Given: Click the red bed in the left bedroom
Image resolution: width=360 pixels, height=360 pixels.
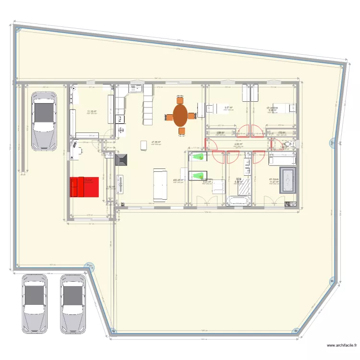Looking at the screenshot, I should [x=84, y=187].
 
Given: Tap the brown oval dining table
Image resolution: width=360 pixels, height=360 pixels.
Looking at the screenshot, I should [x=180, y=116].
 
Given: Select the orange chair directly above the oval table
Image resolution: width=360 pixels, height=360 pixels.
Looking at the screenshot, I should [x=180, y=100].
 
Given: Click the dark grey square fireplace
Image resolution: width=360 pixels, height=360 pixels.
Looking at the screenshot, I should [x=121, y=160].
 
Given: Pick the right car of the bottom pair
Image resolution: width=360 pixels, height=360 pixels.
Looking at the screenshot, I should [x=72, y=303].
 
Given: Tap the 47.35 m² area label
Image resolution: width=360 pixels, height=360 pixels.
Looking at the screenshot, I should [x=156, y=142].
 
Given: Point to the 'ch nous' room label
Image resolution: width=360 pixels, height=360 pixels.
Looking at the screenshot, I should [x=274, y=180].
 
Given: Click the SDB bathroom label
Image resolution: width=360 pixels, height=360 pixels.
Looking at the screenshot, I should [x=239, y=180].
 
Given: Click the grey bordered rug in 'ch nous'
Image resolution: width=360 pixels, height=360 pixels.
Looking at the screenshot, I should [x=288, y=180].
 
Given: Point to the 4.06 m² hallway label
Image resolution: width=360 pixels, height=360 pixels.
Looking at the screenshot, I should [x=238, y=144].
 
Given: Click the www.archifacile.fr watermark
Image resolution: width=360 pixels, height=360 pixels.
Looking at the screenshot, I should [x=342, y=345].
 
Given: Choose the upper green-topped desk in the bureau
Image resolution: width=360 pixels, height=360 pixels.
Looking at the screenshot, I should [x=198, y=156].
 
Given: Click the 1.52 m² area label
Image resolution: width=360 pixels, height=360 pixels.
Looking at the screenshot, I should [x=110, y=187].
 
